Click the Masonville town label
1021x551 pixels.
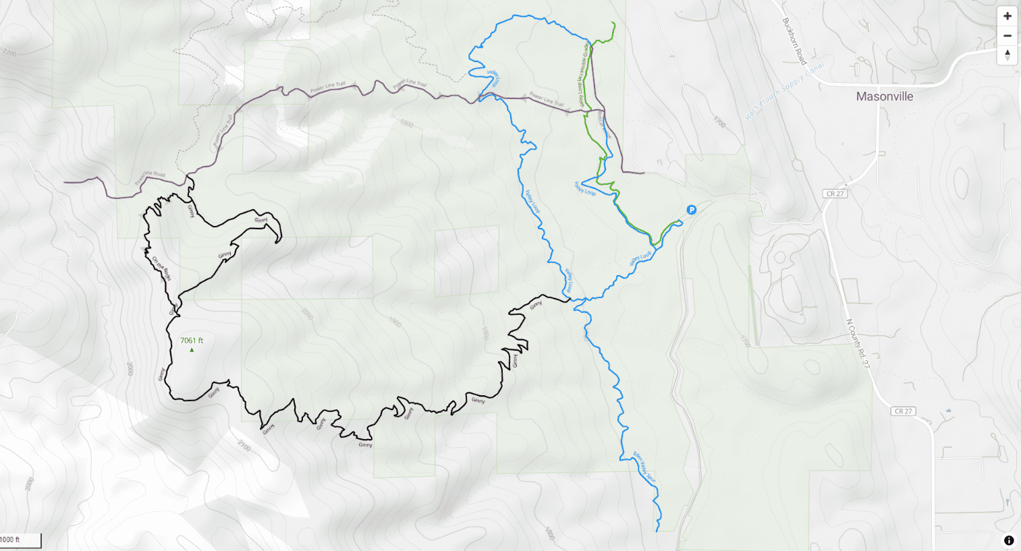pyautogui.click(x=884, y=96)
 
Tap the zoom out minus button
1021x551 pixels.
pyautogui.click(x=1007, y=36)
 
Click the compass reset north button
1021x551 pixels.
pyautogui.click(x=1007, y=55)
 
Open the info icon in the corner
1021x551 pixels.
pyautogui.click(x=1008, y=540)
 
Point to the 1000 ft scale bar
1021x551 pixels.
pyautogui.click(x=20, y=540)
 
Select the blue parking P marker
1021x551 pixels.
pyautogui.click(x=691, y=210)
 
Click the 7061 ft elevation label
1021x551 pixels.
pyautogui.click(x=192, y=341)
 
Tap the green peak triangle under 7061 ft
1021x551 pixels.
pyautogui.click(x=192, y=350)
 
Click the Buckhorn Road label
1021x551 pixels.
pyautogui.click(x=794, y=41)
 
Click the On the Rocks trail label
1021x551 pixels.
pyautogui.click(x=161, y=268)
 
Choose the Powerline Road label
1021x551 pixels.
pyautogui.click(x=150, y=178)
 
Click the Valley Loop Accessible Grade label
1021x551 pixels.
pyautogui.click(x=584, y=74)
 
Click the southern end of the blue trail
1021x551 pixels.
pyautogui.click(x=657, y=531)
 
